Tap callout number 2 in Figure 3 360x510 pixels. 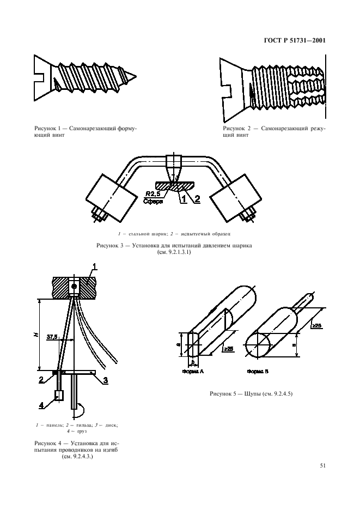click(x=197, y=198)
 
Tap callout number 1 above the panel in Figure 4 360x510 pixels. click(x=94, y=266)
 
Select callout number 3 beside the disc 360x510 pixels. click(x=107, y=380)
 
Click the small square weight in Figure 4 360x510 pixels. click(x=59, y=396)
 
